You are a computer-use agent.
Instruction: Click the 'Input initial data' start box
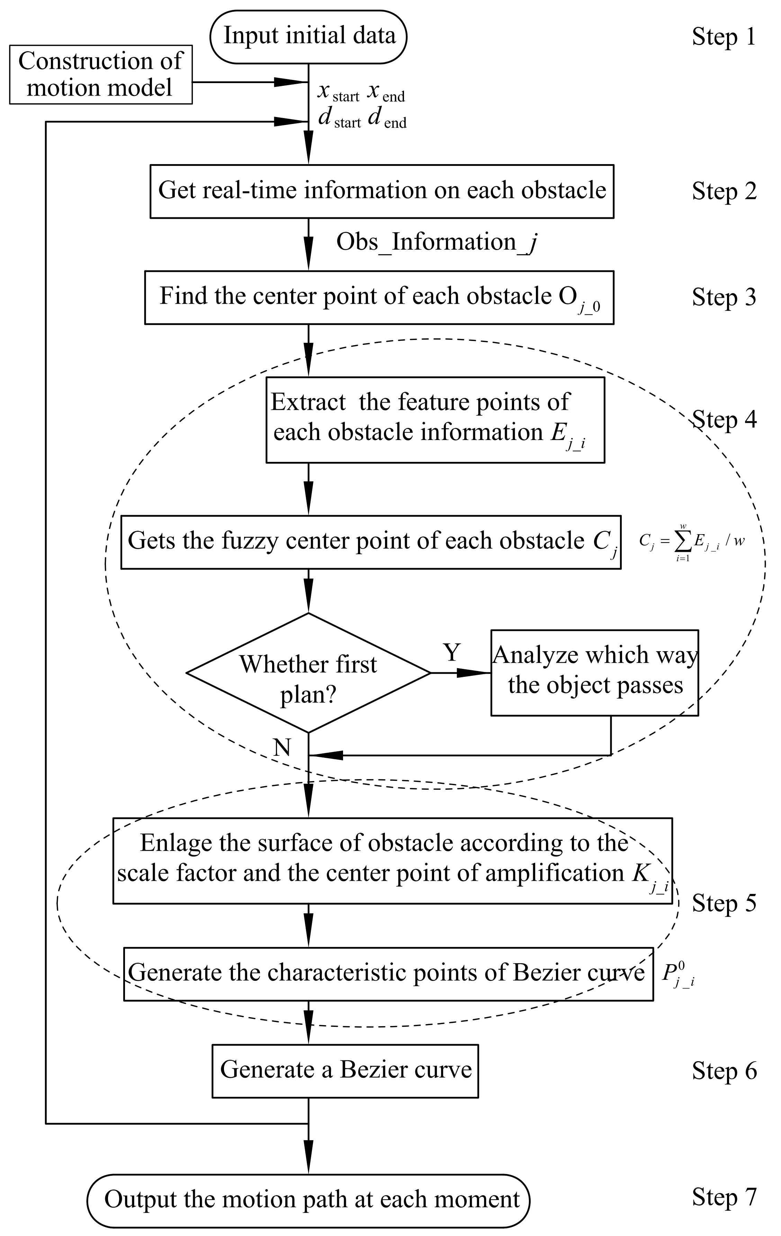308,36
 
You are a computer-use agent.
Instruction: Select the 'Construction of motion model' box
101,75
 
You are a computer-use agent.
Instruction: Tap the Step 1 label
724,37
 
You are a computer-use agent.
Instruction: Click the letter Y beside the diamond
451,653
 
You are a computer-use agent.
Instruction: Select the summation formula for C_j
691,541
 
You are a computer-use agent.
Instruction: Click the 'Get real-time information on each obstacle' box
382,191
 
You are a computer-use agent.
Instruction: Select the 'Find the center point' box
379,297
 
